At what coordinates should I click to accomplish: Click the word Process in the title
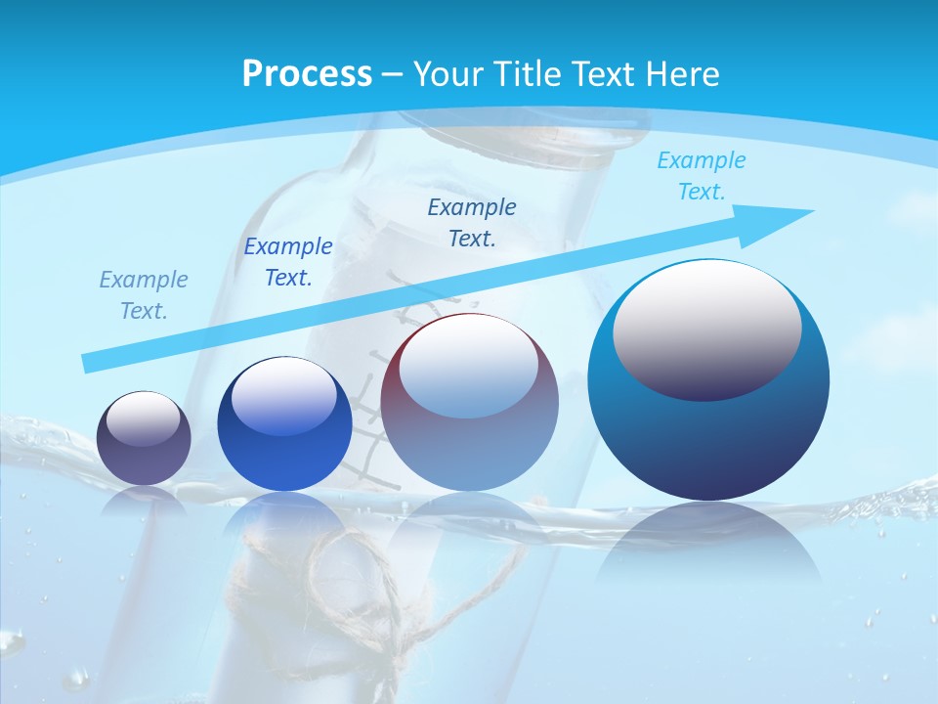click(307, 74)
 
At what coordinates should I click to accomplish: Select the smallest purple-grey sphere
click(144, 438)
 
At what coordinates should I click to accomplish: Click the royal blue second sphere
click(284, 424)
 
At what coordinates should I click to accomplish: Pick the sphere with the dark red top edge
click(469, 403)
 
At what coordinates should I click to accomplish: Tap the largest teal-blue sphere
click(708, 381)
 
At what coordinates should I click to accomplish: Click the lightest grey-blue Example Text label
click(143, 295)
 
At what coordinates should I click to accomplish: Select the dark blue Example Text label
click(287, 262)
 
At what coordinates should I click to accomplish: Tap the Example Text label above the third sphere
click(471, 222)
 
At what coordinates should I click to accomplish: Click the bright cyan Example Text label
click(701, 176)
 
